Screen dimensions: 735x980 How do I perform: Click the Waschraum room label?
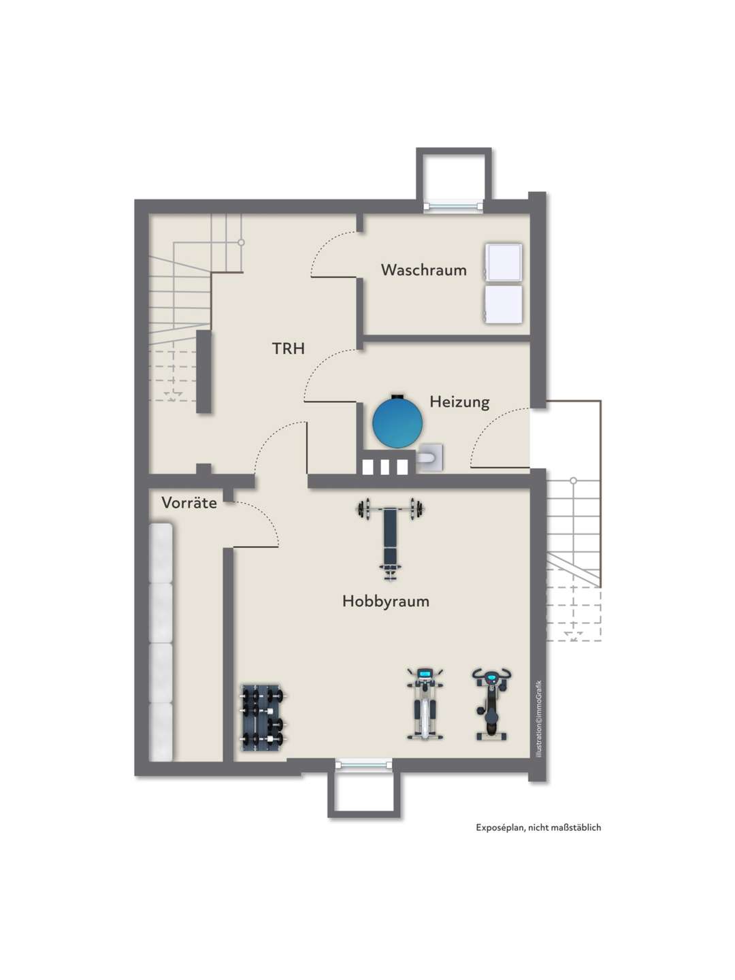[423, 269]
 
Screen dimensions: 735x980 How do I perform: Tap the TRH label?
[289, 348]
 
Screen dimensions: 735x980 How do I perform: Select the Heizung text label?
[459, 402]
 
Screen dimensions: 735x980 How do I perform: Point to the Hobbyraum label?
[386, 601]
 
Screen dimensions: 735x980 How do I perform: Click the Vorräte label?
[189, 503]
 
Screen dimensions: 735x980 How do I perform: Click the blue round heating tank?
[397, 422]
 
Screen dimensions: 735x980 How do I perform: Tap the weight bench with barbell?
[391, 538]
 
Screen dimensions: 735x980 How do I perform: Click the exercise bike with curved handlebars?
[491, 704]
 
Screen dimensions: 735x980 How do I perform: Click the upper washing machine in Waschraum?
[504, 263]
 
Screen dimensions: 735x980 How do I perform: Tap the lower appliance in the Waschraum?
[504, 304]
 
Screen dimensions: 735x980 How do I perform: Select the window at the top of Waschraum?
[453, 206]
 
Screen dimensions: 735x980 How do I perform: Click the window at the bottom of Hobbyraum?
[363, 765]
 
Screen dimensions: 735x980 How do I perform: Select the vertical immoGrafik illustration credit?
[539, 719]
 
